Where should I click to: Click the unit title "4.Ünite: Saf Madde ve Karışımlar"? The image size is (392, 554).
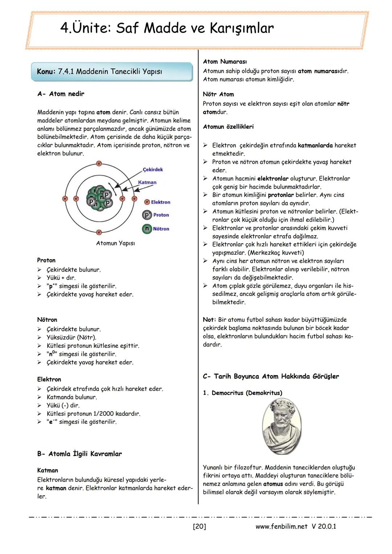(167, 28)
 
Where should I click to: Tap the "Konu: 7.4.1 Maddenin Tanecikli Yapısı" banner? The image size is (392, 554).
(99, 71)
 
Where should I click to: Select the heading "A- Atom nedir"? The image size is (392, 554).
(61, 94)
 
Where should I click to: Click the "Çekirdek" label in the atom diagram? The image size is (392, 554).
(153, 169)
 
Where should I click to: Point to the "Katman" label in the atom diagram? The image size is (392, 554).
(147, 182)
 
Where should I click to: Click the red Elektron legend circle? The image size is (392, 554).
(147, 202)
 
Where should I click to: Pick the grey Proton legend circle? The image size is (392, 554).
(147, 215)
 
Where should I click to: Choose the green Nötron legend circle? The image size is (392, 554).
(147, 229)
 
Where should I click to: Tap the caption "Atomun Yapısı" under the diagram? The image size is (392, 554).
(115, 243)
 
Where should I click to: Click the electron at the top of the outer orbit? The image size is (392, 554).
(99, 164)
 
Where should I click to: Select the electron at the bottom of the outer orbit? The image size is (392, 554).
(99, 232)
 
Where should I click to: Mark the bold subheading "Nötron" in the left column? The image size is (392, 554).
(47, 320)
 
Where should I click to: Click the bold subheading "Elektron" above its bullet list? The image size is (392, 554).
(49, 379)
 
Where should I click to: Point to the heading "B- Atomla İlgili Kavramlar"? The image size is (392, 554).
(79, 454)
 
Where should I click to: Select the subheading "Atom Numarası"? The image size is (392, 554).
(225, 62)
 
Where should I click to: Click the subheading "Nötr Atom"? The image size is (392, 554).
(218, 94)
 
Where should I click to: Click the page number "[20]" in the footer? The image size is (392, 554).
(199, 526)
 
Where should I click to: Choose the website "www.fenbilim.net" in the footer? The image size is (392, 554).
(281, 526)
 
